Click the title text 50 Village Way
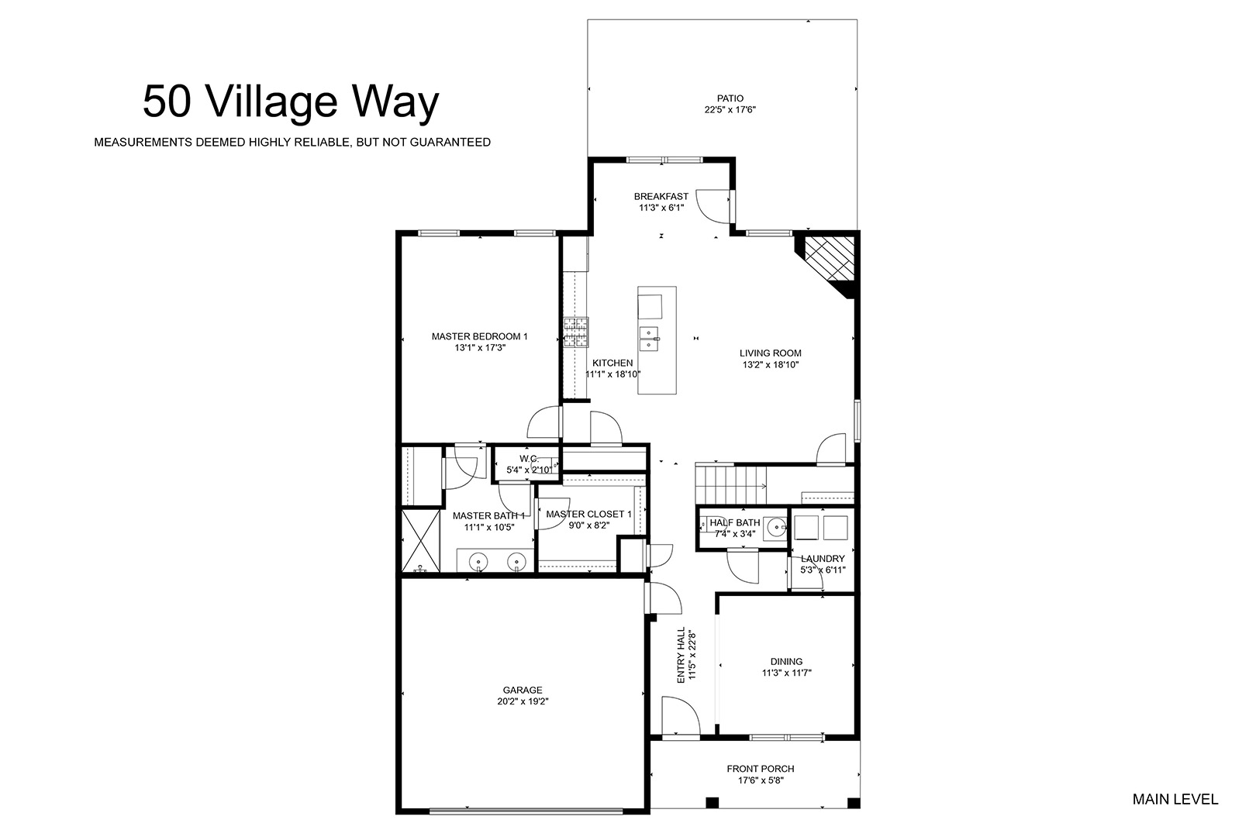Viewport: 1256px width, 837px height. (291, 102)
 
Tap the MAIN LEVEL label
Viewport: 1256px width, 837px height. (1175, 800)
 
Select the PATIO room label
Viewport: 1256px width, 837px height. (730, 98)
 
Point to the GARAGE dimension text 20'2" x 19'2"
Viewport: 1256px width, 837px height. (523, 701)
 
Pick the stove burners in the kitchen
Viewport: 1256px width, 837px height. (576, 332)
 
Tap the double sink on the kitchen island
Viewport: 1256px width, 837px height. (649, 339)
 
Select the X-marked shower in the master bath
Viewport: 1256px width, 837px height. (420, 540)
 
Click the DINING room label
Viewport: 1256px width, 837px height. (786, 662)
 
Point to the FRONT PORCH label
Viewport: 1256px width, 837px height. (761, 769)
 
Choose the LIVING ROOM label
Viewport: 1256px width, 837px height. (771, 353)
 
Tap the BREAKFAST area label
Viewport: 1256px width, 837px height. (661, 197)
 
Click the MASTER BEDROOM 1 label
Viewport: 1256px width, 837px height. (479, 336)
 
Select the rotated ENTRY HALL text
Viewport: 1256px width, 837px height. (681, 655)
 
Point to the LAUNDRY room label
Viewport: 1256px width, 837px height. (823, 559)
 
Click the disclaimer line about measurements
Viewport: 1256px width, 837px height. (292, 143)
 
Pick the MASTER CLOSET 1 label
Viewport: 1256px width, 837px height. (588, 514)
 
